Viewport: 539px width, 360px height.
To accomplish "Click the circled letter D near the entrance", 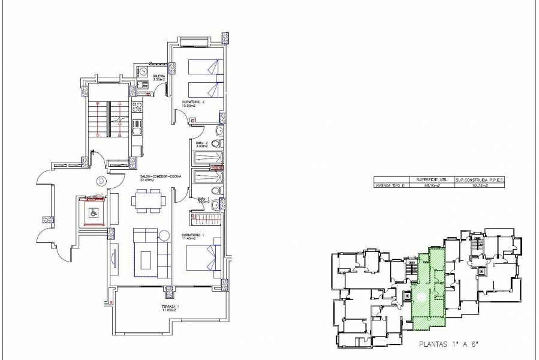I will [101, 180].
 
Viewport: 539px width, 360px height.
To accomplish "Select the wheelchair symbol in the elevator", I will [94, 211].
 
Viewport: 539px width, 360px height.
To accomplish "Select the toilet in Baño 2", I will [220, 144].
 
